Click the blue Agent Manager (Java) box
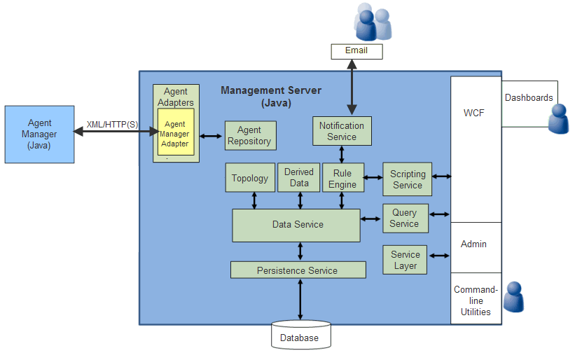coord(39,134)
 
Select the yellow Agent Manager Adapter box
coord(175,133)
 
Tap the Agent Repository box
coord(249,135)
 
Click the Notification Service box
coord(342,131)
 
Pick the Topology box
coord(250,178)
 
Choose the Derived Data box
coord(299,177)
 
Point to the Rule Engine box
coord(342,179)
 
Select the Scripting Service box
coord(407,179)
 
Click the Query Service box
coord(404,218)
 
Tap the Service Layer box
coord(405,260)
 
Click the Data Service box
coord(297,224)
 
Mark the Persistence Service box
coord(298,270)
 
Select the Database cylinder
coord(300,335)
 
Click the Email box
coord(356,50)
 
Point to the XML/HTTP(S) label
coord(112,125)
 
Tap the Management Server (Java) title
coord(271,97)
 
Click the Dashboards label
coord(529,98)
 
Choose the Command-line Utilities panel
coord(476,300)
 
